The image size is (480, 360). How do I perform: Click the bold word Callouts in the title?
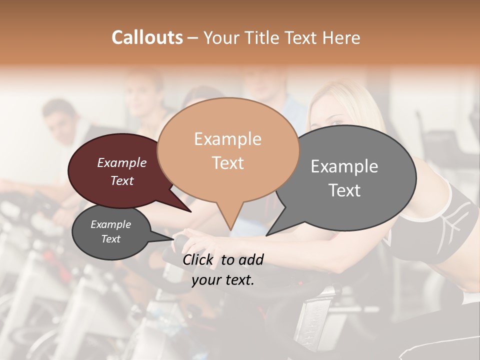tap(147, 37)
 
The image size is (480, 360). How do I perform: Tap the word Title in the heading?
tap(264, 38)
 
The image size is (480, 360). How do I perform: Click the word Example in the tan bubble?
tap(227, 139)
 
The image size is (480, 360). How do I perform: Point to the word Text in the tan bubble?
tap(227, 163)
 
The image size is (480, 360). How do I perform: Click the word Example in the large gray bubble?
tap(344, 166)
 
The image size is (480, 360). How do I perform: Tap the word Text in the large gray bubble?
tap(344, 190)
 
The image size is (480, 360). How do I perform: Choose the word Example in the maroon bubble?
tap(121, 162)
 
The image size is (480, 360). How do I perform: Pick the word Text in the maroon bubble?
tap(121, 181)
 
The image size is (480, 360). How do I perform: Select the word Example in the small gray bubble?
tap(110, 224)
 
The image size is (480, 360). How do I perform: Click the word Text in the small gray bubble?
tap(110, 239)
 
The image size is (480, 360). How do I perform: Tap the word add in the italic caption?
tap(251, 259)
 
